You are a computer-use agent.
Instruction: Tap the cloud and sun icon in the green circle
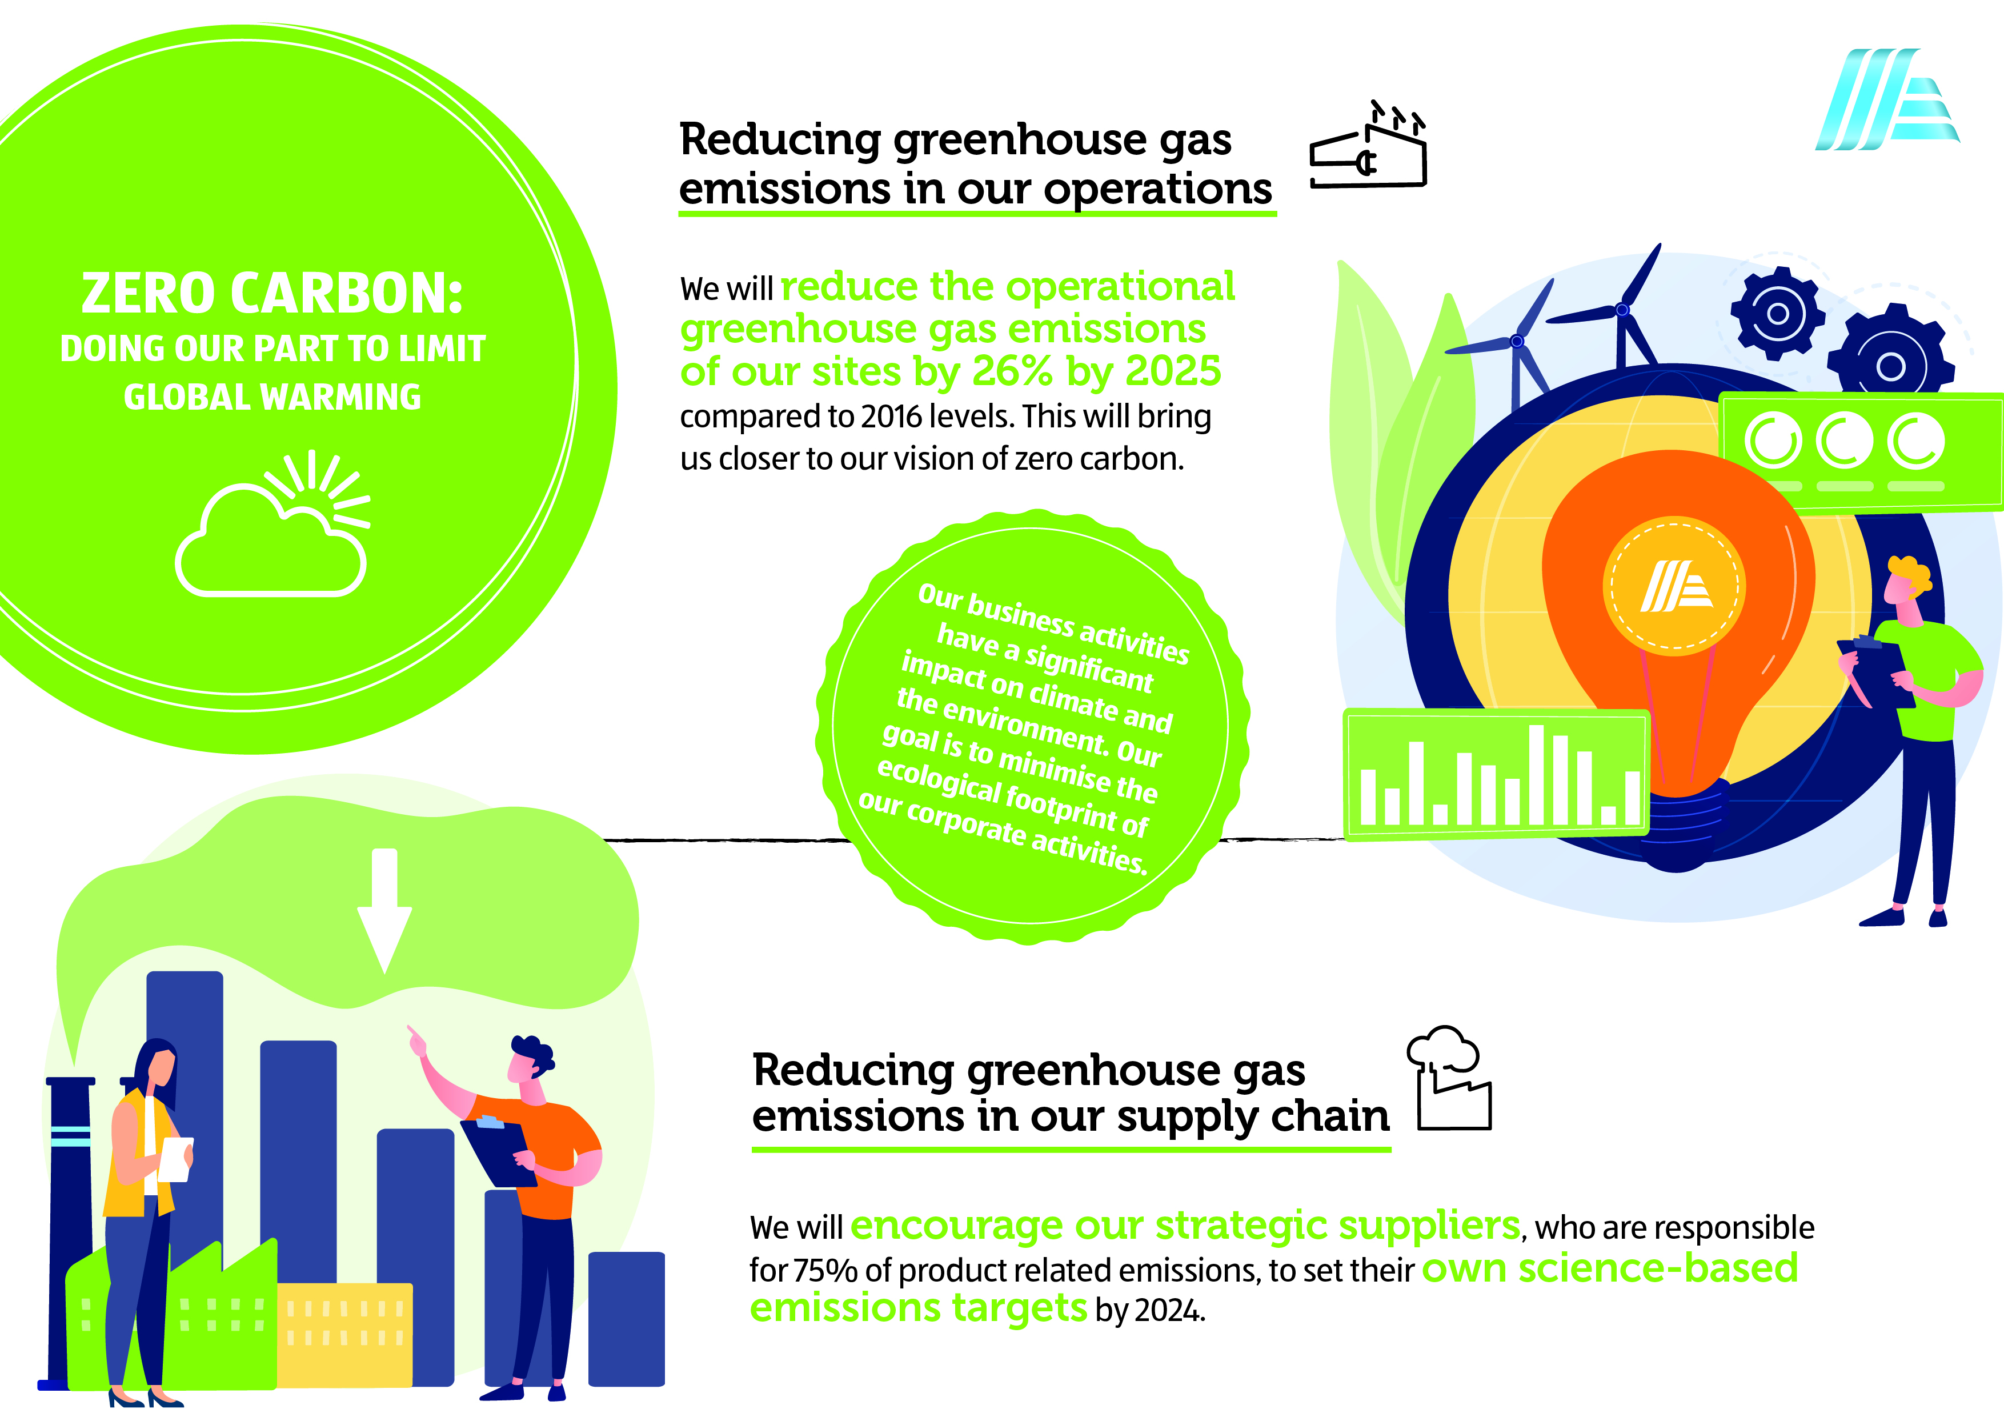[272, 524]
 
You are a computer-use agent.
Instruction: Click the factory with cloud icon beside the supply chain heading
[1449, 1078]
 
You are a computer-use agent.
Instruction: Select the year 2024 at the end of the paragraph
[1169, 1311]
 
